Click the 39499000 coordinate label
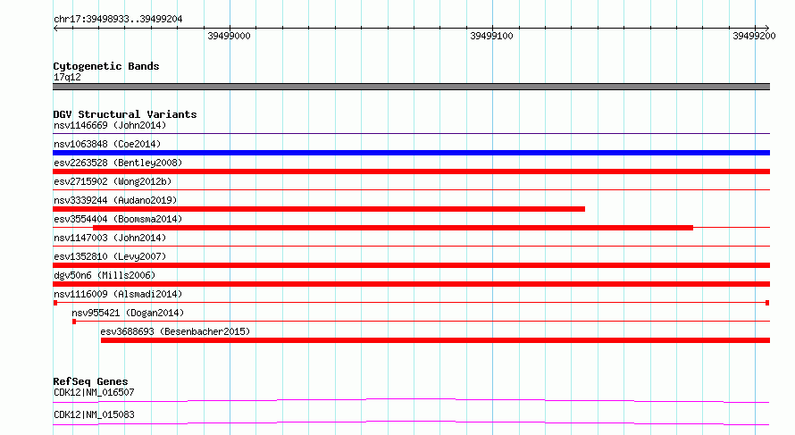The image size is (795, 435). click(229, 36)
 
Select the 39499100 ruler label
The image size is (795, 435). click(491, 36)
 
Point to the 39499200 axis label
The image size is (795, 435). click(754, 36)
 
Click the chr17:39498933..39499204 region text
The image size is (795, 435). click(118, 20)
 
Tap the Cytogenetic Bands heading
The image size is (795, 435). click(106, 66)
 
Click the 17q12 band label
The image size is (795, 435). click(67, 77)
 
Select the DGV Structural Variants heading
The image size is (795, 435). click(125, 114)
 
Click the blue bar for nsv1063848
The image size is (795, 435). click(411, 153)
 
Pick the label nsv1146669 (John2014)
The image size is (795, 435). click(110, 125)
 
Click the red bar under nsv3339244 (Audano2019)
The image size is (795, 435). click(319, 209)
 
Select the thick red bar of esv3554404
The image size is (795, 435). click(393, 228)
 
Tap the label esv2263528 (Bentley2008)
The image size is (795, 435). click(118, 163)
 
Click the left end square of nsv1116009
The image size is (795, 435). click(55, 303)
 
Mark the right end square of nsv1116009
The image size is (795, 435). click(767, 303)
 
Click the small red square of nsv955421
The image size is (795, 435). click(74, 322)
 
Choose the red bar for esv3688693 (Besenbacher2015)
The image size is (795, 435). click(436, 340)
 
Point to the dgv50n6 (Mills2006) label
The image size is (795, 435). click(105, 275)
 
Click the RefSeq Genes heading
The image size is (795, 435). click(91, 381)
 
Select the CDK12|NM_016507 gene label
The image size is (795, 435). click(95, 392)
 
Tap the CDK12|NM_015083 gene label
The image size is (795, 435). click(95, 414)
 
